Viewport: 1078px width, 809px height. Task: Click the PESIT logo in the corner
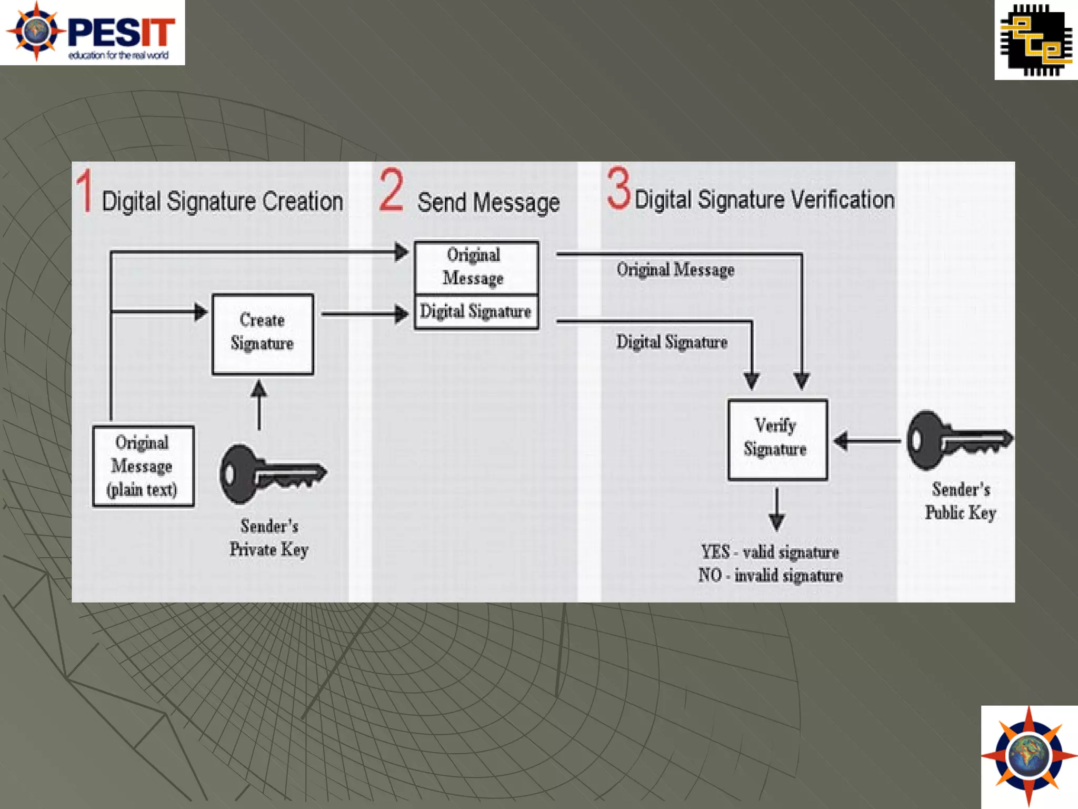[x=92, y=32]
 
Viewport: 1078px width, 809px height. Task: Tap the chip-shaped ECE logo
[x=1036, y=40]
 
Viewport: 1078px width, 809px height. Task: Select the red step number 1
[x=85, y=191]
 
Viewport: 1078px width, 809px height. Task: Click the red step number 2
[x=391, y=190]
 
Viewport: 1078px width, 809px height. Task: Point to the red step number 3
[x=618, y=188]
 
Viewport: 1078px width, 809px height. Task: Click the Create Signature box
[x=263, y=334]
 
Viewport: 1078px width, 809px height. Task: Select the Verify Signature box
[x=777, y=440]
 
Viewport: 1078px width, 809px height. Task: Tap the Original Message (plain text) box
[x=143, y=466]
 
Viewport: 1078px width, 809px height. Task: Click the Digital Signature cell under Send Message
[x=476, y=312]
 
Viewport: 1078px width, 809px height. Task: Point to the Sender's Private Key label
[x=269, y=538]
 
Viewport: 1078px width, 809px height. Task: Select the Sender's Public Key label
[x=961, y=501]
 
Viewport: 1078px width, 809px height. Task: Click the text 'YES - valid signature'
[x=770, y=552]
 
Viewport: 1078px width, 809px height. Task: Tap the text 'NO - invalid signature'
[x=771, y=575]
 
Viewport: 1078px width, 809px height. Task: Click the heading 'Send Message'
[x=488, y=203]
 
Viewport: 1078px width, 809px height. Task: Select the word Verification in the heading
[x=842, y=200]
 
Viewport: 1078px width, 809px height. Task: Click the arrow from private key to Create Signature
[x=258, y=404]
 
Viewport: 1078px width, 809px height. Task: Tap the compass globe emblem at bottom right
[x=1029, y=756]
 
